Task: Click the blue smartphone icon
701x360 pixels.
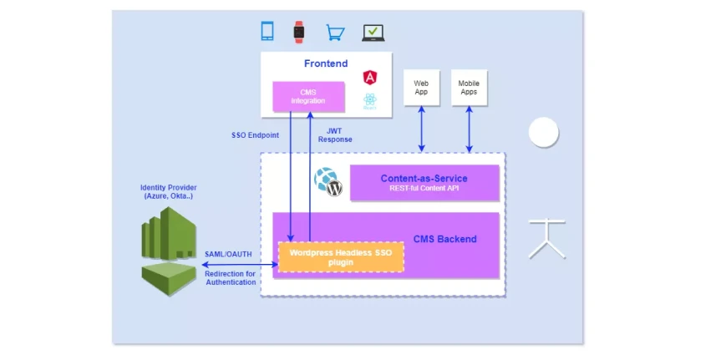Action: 267,32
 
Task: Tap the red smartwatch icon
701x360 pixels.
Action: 298,32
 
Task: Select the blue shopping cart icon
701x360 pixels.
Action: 335,33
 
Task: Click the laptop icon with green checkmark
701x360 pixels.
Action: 373,33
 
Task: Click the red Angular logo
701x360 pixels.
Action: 370,77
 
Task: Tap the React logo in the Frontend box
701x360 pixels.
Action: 370,102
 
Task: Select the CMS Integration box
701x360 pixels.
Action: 308,97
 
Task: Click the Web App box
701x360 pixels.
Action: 421,88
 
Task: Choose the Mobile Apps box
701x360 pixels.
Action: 469,88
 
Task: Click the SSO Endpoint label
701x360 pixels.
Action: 255,134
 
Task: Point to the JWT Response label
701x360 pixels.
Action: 334,134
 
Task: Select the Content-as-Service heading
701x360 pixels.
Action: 424,178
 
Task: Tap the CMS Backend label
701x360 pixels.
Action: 444,239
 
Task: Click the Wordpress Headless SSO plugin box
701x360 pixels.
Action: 341,256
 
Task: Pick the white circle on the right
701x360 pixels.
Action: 543,132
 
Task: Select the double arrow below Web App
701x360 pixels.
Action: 421,129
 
